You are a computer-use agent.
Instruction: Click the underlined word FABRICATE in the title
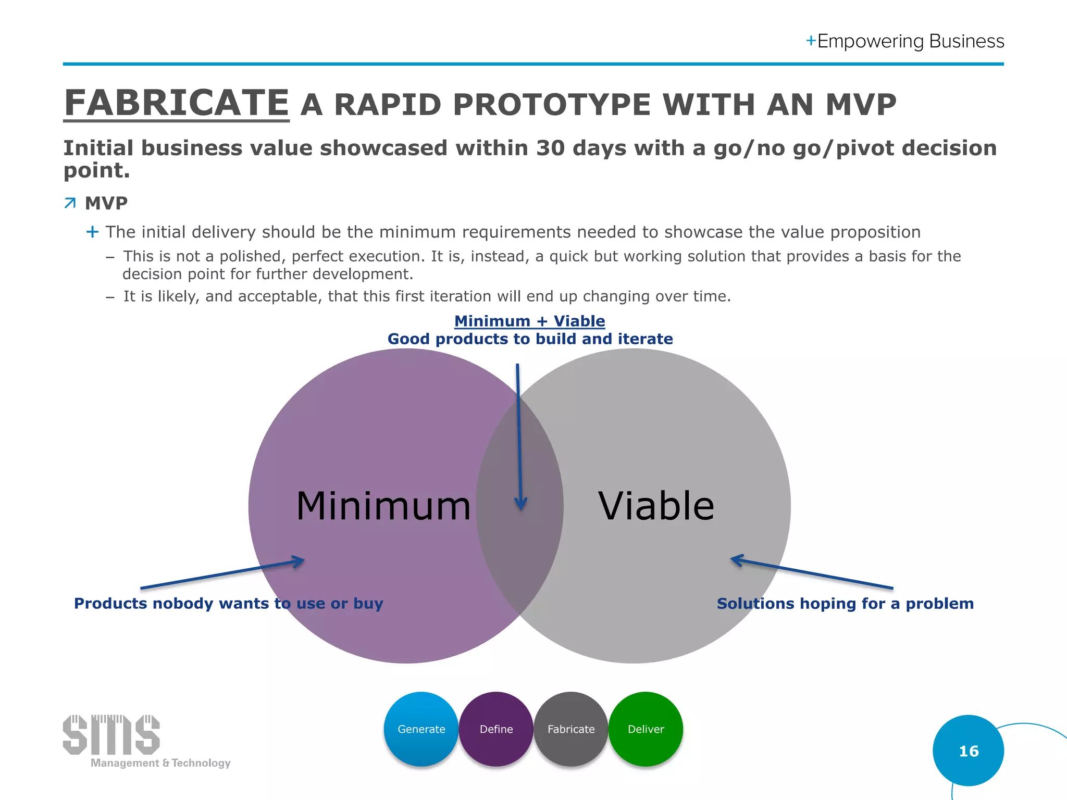(176, 103)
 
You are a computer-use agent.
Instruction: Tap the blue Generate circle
(421, 729)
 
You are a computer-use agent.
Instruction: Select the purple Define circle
(496, 729)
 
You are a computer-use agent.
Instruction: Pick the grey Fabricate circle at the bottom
(571, 729)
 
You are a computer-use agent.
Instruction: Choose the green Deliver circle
(646, 729)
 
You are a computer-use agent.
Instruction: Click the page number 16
(969, 751)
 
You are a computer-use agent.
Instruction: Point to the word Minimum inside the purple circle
(383, 506)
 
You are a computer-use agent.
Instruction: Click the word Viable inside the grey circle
(656, 506)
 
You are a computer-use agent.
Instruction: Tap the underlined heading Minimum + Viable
(529, 321)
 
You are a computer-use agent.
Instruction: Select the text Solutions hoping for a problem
(845, 603)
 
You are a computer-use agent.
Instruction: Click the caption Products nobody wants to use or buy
(228, 603)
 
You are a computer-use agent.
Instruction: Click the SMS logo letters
(111, 734)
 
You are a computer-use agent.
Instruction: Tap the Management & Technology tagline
(160, 763)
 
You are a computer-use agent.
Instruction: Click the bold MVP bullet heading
(106, 203)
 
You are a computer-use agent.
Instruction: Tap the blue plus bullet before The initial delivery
(92, 232)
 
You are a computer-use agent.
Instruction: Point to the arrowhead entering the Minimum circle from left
(300, 561)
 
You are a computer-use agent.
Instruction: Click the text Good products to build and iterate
(530, 339)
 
